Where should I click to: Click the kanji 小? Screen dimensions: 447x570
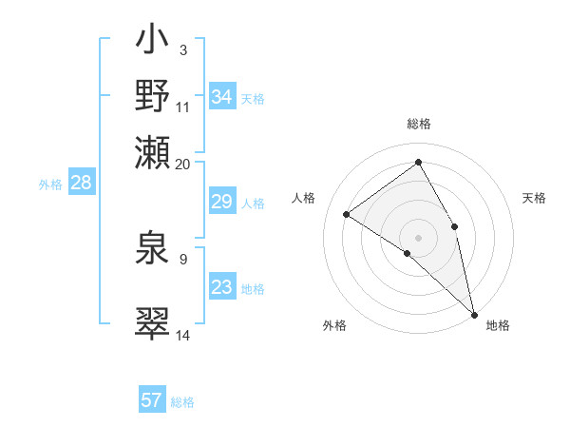click(x=152, y=44)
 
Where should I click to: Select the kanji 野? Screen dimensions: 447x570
click(x=152, y=96)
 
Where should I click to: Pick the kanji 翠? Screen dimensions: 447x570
click(x=152, y=323)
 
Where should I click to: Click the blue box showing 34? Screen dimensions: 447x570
click(x=222, y=97)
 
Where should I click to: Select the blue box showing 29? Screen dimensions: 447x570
click(x=222, y=202)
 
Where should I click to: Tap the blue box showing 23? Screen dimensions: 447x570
click(x=222, y=287)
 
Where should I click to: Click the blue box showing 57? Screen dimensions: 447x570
click(x=152, y=400)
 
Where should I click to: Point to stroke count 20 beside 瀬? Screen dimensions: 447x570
click(x=183, y=164)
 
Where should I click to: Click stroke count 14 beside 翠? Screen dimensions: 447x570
click(x=183, y=335)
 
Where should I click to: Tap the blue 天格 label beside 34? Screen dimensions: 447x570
click(x=253, y=98)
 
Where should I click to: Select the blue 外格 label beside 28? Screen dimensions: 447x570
click(x=50, y=185)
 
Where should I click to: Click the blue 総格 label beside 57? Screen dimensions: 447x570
click(x=182, y=401)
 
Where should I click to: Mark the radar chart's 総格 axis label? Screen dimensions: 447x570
click(x=419, y=124)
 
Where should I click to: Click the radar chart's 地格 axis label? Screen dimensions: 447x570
click(x=498, y=325)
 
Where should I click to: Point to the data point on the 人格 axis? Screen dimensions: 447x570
click(x=347, y=214)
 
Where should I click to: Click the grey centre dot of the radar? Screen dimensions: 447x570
click(x=419, y=237)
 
